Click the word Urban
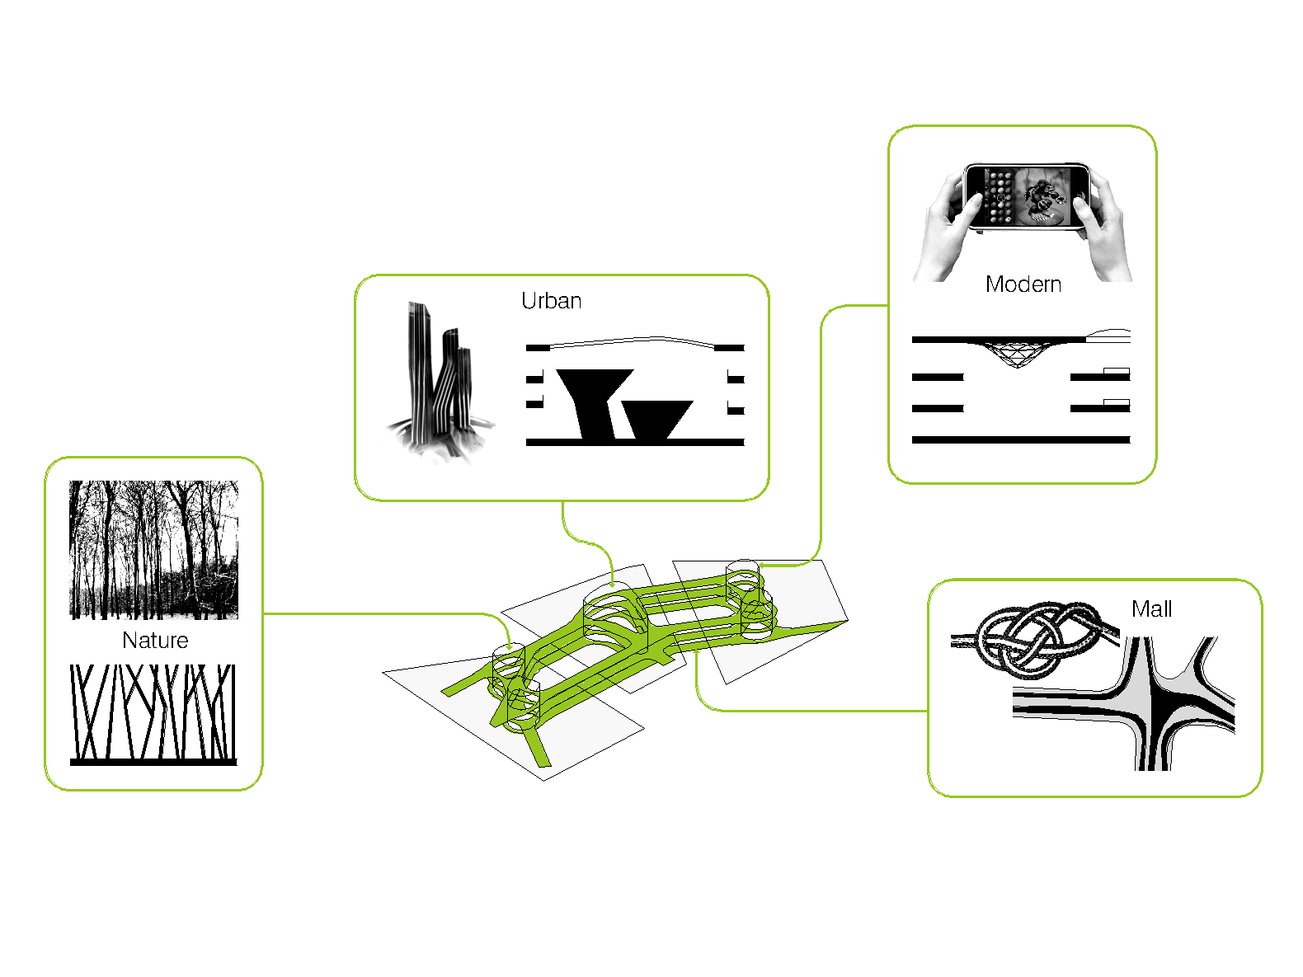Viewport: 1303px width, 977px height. coord(551,301)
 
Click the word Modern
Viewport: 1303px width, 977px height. coord(1023,284)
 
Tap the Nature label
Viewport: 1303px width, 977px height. coord(155,640)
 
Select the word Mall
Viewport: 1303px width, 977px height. coord(1151,608)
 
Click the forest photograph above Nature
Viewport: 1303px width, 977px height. coord(153,550)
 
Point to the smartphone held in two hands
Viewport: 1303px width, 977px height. coord(1027,196)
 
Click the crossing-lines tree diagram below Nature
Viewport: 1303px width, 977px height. coord(153,715)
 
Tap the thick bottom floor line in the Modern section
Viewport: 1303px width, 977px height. coord(1020,439)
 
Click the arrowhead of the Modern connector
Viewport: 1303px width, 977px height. coord(763,566)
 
